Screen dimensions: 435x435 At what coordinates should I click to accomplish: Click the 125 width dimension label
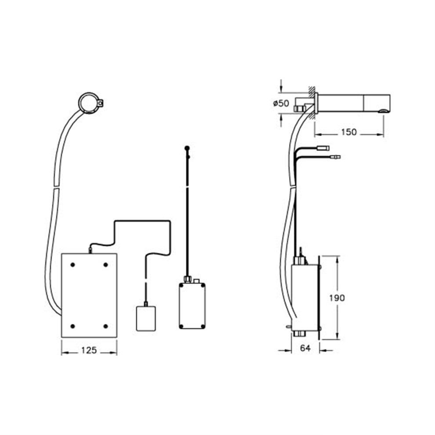coord(89,350)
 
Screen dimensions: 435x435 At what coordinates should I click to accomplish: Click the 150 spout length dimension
coord(350,132)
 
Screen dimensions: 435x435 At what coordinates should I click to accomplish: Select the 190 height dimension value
coord(337,297)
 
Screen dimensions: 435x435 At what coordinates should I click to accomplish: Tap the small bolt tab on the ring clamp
coord(101,103)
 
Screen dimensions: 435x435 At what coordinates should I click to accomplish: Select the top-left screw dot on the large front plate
coord(73,265)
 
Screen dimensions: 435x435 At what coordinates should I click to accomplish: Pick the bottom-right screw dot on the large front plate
coord(105,326)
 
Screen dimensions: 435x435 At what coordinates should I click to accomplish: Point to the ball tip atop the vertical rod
coord(187,149)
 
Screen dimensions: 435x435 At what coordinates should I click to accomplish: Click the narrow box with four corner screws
coord(192,305)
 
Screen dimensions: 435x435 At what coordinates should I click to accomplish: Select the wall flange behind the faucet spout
coord(315,105)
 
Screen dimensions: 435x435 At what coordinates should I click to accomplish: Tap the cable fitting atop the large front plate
coord(90,250)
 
